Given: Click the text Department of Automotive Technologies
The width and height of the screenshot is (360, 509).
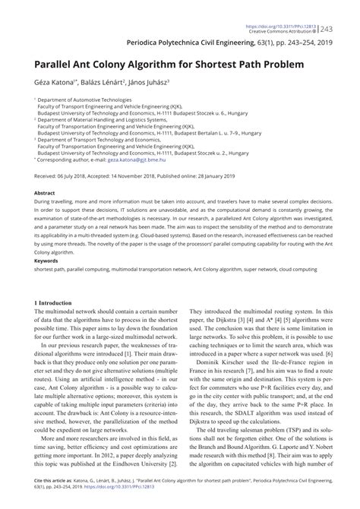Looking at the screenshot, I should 87,100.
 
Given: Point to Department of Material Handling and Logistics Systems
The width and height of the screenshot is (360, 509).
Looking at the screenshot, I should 102,120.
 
